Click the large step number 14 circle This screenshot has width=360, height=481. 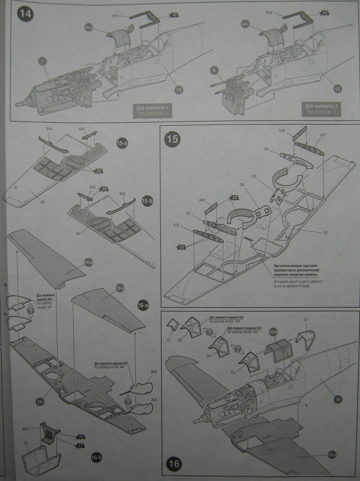click(x=24, y=15)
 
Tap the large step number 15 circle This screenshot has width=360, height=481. click(x=172, y=139)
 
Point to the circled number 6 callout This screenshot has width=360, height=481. click(x=213, y=71)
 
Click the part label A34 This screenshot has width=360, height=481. click(x=82, y=129)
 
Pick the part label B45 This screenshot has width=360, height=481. click(x=122, y=193)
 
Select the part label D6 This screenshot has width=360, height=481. click(x=267, y=149)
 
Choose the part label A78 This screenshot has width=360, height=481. click(x=176, y=225)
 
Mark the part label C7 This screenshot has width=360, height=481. click(x=169, y=339)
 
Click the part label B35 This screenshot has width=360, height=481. click(x=154, y=372)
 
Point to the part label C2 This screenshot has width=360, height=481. click(x=25, y=443)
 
